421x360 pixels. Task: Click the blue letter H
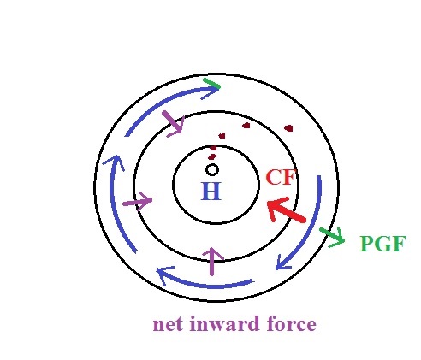[211, 191]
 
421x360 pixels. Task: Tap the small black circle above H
[212, 170]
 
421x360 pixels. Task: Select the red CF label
[280, 177]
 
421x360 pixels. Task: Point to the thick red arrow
[286, 210]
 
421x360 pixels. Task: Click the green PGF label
[382, 244]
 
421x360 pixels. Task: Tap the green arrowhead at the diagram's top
[211, 83]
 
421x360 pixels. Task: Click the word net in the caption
[166, 324]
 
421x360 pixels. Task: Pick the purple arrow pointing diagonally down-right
[174, 123]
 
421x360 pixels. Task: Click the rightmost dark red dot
[288, 128]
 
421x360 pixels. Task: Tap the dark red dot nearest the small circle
[212, 156]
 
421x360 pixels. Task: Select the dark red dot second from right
[246, 125]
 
